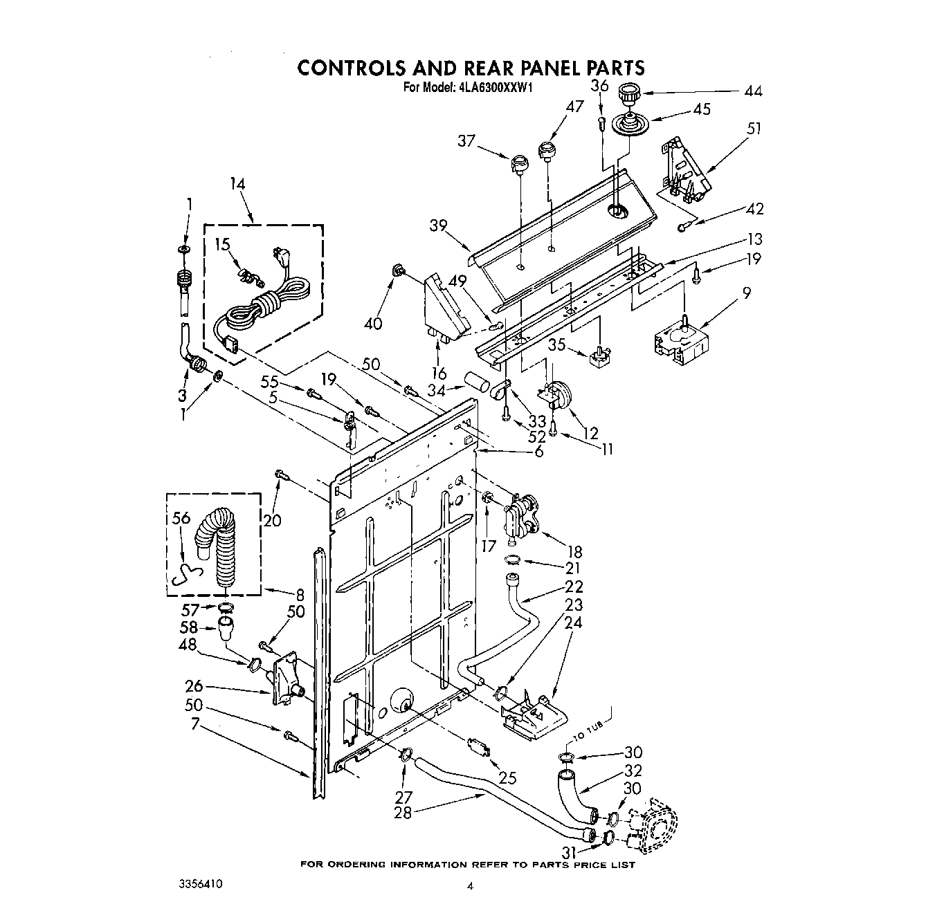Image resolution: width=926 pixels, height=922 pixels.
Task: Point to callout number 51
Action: (x=734, y=128)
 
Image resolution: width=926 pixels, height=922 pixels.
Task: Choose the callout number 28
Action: (x=402, y=813)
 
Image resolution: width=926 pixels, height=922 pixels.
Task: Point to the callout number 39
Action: (x=437, y=225)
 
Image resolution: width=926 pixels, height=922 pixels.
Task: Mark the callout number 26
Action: (x=194, y=687)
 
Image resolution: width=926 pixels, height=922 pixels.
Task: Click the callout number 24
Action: (x=573, y=623)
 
